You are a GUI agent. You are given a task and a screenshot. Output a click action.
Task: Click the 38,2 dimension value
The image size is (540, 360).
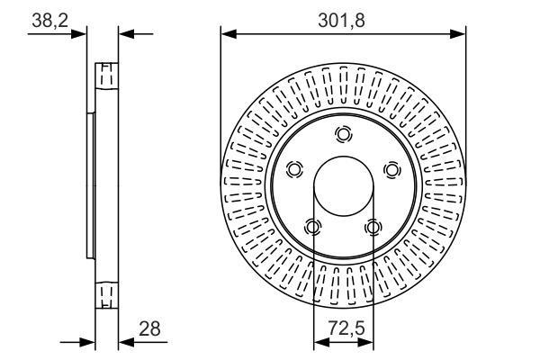[x=49, y=21]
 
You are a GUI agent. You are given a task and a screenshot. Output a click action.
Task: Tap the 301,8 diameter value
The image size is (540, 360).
[x=341, y=21]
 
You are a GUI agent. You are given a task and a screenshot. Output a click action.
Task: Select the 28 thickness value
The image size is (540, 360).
[x=149, y=328]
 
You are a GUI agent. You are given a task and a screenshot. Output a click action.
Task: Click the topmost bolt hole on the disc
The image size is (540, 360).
[x=344, y=134]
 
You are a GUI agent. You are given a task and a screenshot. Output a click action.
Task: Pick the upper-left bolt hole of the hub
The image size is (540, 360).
[x=294, y=169]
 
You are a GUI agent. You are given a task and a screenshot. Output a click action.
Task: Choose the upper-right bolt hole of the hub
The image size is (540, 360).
[x=392, y=169]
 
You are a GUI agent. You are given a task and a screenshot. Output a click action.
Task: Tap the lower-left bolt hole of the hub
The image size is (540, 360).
[x=313, y=227]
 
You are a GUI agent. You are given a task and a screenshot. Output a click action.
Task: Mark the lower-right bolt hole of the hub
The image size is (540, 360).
[x=373, y=227]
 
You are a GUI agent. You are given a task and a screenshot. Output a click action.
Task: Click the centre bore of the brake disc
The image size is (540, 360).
[x=344, y=186]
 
